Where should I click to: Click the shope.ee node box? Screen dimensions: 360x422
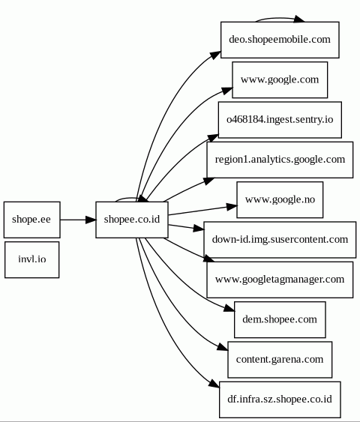[32, 220]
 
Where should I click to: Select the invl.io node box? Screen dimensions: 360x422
[32, 259]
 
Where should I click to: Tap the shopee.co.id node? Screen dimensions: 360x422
[132, 220]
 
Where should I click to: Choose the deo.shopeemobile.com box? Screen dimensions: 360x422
[280, 40]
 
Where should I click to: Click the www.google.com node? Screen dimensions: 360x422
[280, 80]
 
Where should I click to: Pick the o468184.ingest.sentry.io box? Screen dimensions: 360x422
[280, 120]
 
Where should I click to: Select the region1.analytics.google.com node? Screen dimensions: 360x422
[280, 160]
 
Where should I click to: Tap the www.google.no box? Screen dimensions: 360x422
[280, 199]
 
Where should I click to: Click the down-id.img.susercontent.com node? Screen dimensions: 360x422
[280, 240]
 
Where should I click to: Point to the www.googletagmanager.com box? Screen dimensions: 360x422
[280, 280]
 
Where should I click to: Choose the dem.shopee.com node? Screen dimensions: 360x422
[280, 319]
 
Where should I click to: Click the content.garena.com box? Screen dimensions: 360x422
[280, 360]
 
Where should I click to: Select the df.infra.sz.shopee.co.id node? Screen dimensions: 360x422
[280, 400]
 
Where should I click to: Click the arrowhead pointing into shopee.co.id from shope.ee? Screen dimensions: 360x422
[91, 220]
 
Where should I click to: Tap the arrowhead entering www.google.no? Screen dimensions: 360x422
[232, 207]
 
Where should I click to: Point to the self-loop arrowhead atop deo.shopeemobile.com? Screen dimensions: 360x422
[299, 19]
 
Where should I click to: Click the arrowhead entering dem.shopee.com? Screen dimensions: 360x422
[229, 308]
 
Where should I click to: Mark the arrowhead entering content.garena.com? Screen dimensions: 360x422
[223, 347]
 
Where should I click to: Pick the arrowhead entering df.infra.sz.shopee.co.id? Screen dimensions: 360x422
[214, 384]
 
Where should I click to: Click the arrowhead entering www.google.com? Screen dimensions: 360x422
[227, 91]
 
